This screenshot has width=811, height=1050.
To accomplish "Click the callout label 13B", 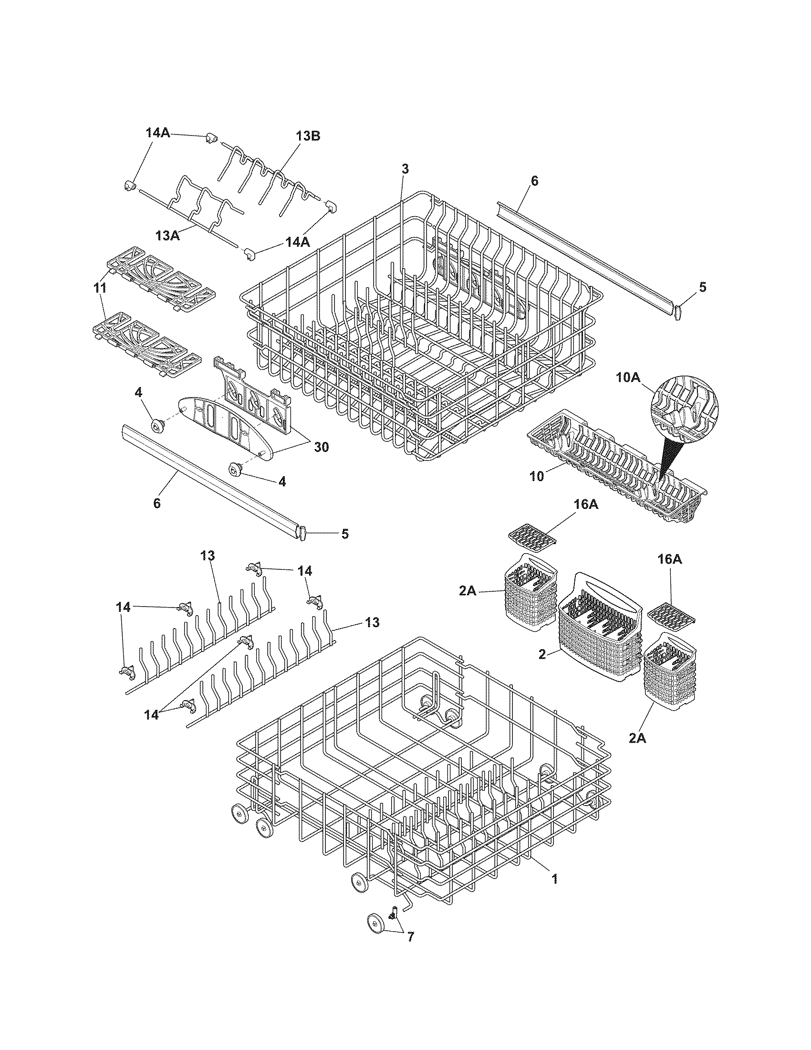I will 308,136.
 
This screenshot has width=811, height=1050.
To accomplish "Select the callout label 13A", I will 167,236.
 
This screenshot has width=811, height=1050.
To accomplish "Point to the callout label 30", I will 321,447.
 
